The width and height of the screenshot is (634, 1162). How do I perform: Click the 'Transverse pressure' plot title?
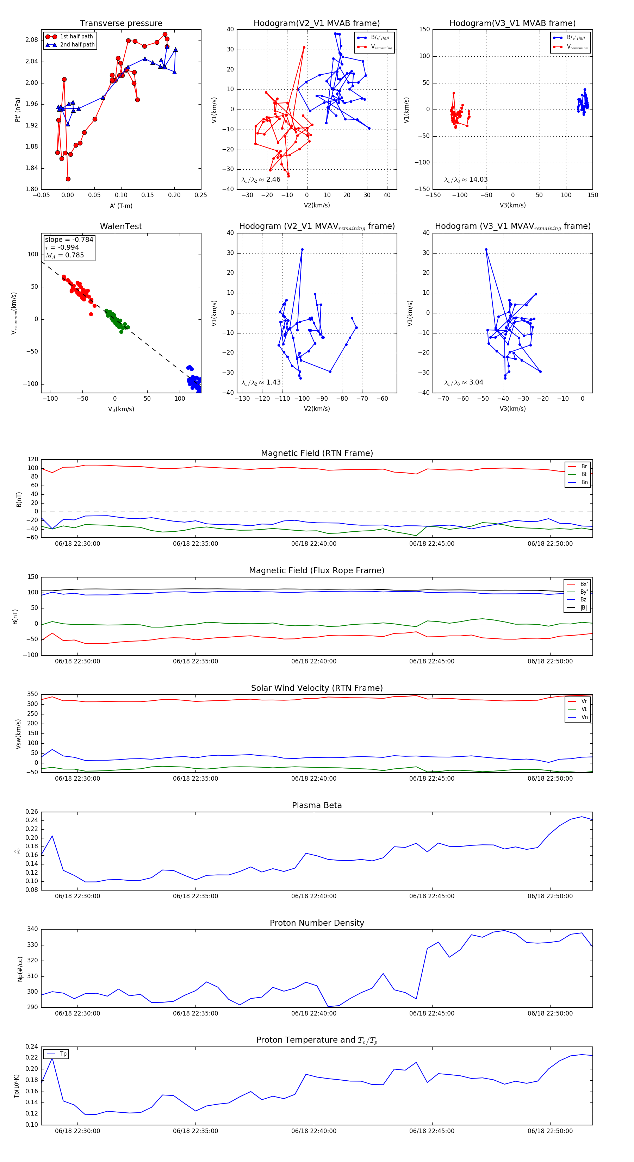[x=121, y=24]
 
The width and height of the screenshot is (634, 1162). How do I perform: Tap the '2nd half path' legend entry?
[x=77, y=45]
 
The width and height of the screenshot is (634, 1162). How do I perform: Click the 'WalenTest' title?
[x=121, y=226]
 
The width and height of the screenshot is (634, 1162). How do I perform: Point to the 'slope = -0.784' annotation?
[x=69, y=239]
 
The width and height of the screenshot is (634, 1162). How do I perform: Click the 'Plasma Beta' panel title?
[x=317, y=805]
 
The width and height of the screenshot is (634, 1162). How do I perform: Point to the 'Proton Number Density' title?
[x=317, y=923]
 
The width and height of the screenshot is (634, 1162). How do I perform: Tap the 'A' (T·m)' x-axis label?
[x=121, y=206]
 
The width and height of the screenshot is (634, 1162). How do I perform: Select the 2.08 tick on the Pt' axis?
[x=32, y=40]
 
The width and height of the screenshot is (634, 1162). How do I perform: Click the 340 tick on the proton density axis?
[x=32, y=929]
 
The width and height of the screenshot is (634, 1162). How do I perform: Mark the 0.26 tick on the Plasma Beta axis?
[x=32, y=812]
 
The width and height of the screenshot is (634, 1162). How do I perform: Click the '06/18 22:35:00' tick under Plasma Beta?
[x=195, y=896]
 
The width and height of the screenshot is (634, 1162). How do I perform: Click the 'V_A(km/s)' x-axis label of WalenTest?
[x=121, y=409]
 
